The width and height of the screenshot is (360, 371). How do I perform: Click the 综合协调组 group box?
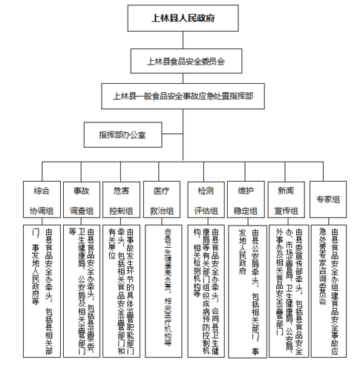click(x=41, y=200)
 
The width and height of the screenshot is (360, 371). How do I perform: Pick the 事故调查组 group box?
click(x=81, y=200)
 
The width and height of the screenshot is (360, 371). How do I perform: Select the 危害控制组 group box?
click(x=121, y=200)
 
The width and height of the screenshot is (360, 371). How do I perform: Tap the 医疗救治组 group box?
click(x=162, y=200)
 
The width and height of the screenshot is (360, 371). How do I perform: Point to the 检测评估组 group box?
click(x=203, y=200)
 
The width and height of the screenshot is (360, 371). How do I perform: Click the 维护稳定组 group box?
click(x=244, y=200)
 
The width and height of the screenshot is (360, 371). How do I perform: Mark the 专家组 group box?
click(x=327, y=200)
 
